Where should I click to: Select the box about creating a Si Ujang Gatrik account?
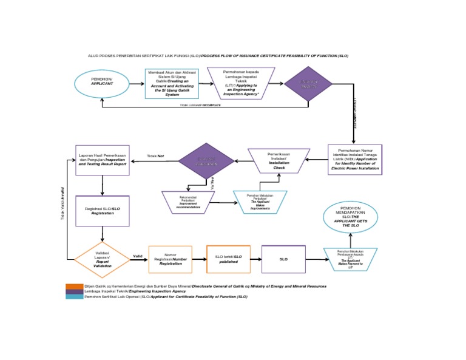pyautogui.click(x=172, y=83)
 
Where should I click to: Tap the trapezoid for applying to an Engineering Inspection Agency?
pyautogui.click(x=241, y=83)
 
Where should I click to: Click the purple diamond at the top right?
pyautogui.click(x=308, y=84)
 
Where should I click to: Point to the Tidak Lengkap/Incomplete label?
pyautogui.click(x=200, y=105)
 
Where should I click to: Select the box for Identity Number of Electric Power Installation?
pyautogui.click(x=355, y=160)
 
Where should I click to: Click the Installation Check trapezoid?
pyautogui.click(x=279, y=160)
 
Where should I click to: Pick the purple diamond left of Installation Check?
pyautogui.click(x=206, y=161)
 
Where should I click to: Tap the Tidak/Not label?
pyautogui.click(x=156, y=156)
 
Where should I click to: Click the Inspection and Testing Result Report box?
pyautogui.click(x=103, y=160)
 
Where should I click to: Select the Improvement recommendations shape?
pyautogui.click(x=188, y=202)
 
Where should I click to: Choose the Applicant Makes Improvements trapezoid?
pyautogui.click(x=260, y=202)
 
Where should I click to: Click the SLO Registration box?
pyautogui.click(x=102, y=211)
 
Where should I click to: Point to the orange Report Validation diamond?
pyautogui.click(x=102, y=259)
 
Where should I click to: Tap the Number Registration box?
pyautogui.click(x=170, y=259)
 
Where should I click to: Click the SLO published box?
pyautogui.click(x=228, y=259)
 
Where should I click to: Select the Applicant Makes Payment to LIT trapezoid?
pyautogui.click(x=350, y=259)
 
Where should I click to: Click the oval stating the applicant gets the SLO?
pyautogui.click(x=350, y=217)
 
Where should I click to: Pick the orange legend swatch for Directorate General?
pyautogui.click(x=74, y=286)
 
